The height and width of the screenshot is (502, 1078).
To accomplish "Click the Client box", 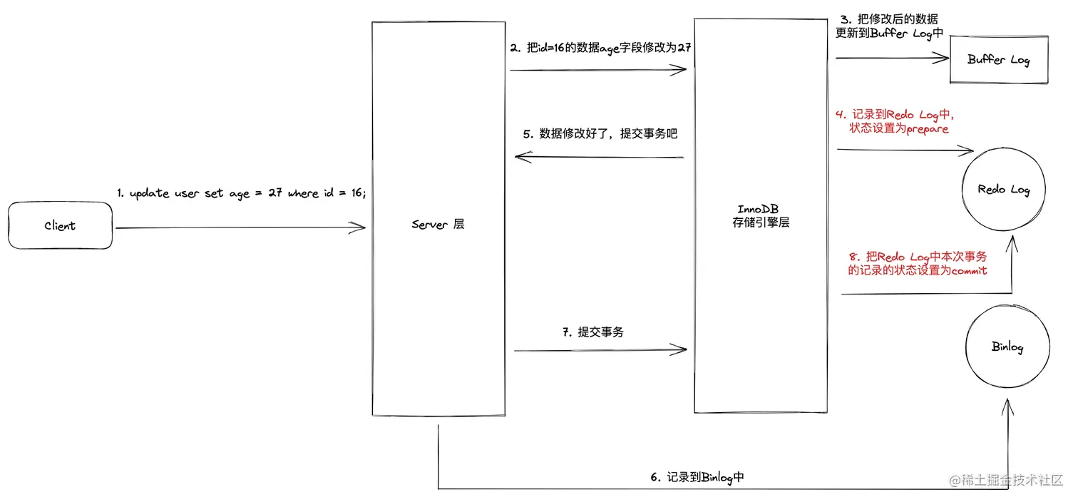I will point(61,225).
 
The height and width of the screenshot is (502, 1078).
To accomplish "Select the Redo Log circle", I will point(1003,190).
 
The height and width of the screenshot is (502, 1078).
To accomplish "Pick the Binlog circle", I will point(1007,347).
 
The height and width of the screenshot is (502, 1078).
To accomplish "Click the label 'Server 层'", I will point(438,224).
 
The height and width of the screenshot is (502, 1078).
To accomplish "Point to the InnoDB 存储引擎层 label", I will point(761,215).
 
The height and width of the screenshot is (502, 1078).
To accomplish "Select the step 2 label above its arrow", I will point(601,48).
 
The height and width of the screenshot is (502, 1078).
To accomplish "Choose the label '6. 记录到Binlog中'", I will point(697,477).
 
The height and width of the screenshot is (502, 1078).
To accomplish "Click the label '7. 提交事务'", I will point(592,332).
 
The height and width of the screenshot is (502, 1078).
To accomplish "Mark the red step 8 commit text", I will point(917,264).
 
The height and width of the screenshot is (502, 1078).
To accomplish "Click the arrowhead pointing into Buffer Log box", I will point(945,59).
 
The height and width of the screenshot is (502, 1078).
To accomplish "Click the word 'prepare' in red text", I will point(927,129).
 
